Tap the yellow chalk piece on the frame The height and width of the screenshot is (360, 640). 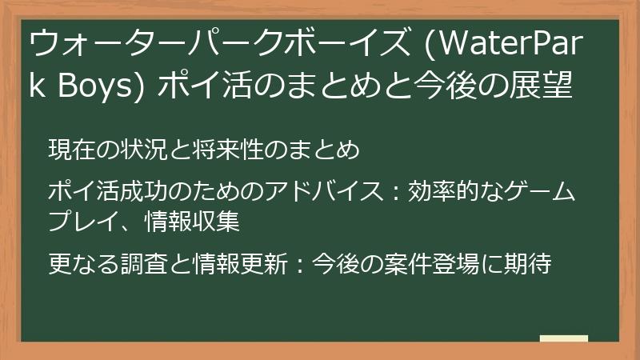[x=563, y=339]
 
